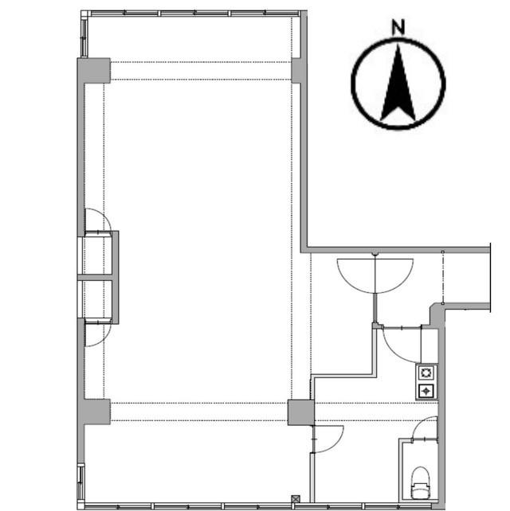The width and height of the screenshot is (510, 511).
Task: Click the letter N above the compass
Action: click(398, 26)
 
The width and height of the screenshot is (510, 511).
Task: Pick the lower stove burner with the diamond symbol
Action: click(426, 390)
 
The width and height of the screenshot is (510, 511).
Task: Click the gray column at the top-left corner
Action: click(93, 70)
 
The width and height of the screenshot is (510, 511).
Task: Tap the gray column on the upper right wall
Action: click(298, 70)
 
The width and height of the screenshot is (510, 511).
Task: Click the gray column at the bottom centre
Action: click(300, 412)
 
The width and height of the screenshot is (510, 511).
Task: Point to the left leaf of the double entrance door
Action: click(355, 275)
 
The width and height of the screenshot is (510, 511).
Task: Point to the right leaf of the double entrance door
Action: click(394, 275)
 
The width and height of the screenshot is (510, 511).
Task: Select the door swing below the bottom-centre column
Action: click(328, 439)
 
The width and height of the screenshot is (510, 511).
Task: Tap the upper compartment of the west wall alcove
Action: click(98, 255)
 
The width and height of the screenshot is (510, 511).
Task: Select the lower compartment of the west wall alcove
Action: click(98, 299)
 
